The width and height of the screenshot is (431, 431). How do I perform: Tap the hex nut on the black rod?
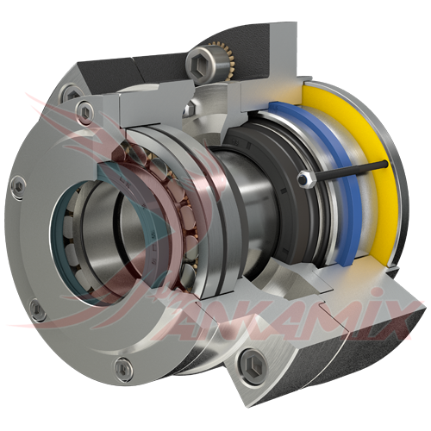[303, 179]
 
